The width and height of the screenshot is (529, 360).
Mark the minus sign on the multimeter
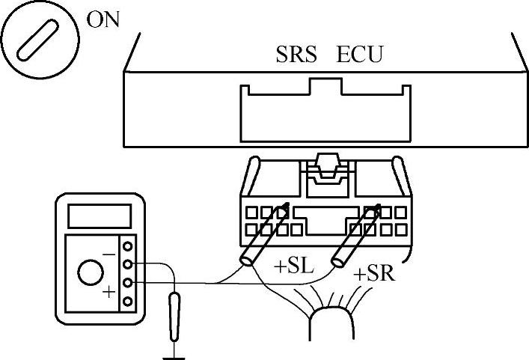[x=109, y=254]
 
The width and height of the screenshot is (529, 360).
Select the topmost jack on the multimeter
[x=128, y=245]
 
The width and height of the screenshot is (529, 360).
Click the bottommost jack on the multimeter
[x=128, y=301]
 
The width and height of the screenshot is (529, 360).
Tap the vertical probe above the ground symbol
[x=174, y=315]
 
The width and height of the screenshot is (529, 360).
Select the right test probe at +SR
[x=356, y=234]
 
